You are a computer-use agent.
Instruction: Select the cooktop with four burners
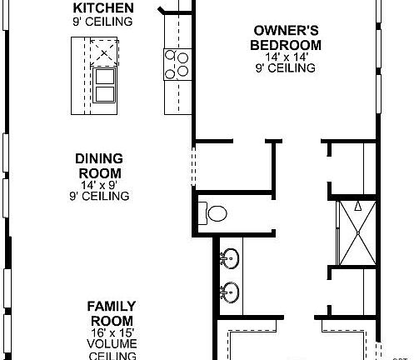point(176,64)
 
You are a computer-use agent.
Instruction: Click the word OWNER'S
point(287,32)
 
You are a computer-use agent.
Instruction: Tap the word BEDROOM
point(287,44)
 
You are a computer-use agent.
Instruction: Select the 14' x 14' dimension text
point(287,57)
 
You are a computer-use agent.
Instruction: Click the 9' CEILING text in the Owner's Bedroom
point(287,68)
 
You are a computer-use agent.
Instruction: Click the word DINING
point(99,158)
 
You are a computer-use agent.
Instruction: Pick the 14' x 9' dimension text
point(99,185)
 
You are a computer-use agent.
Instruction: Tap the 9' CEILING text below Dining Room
point(99,197)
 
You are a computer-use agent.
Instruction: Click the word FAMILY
point(112,307)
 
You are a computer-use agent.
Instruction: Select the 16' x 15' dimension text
point(112,332)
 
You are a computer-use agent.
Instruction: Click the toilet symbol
point(213,213)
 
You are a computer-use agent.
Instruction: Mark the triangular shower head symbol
point(358,205)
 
